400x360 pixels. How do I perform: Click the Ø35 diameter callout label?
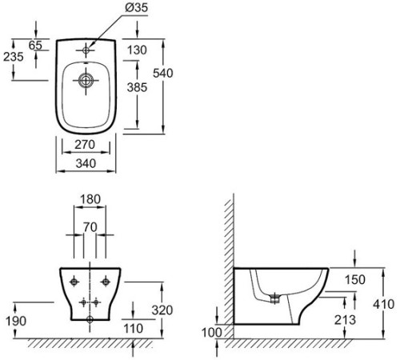pyautogui.click(x=136, y=8)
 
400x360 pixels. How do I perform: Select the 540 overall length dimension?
pyautogui.click(x=163, y=73)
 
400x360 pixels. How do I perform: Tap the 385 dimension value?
pyautogui.click(x=137, y=87)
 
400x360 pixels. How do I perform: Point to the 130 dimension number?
pyautogui.click(x=137, y=50)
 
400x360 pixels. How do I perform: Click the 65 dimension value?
pyautogui.click(x=35, y=45)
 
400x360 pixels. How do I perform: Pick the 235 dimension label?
pyautogui.click(x=14, y=57)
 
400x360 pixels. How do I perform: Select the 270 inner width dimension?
pyautogui.click(x=85, y=145)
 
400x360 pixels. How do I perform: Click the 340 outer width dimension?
pyautogui.click(x=86, y=163)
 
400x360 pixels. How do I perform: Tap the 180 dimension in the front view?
pyautogui.click(x=90, y=199)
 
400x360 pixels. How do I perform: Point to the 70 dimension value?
pyautogui.click(x=90, y=227)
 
